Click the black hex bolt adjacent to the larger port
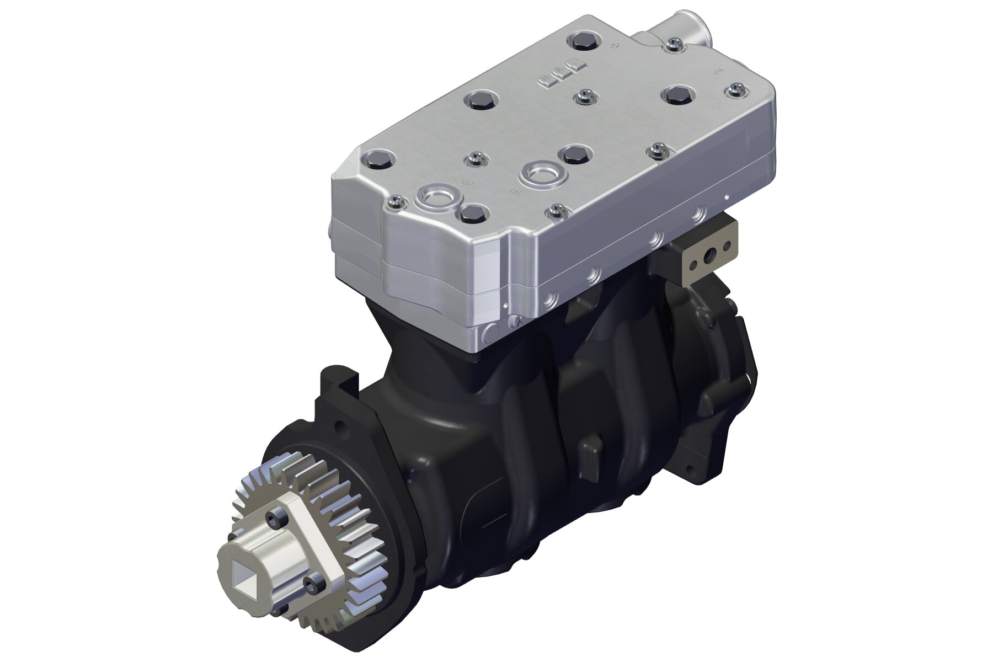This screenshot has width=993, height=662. pos(574,154)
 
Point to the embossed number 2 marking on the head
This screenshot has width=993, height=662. pos(718,71)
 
